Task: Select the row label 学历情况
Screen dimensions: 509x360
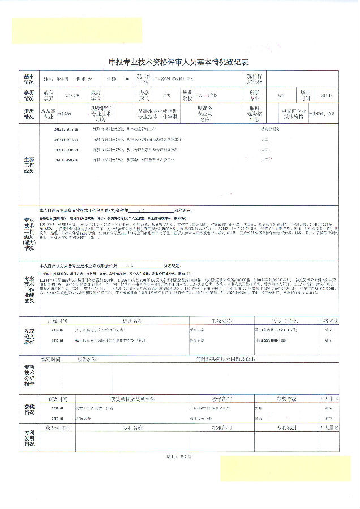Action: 28,94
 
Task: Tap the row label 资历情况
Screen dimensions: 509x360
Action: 28,114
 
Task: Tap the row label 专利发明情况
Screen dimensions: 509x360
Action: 28,438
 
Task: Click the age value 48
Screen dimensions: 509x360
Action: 127,79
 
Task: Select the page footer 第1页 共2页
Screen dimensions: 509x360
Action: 178,456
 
